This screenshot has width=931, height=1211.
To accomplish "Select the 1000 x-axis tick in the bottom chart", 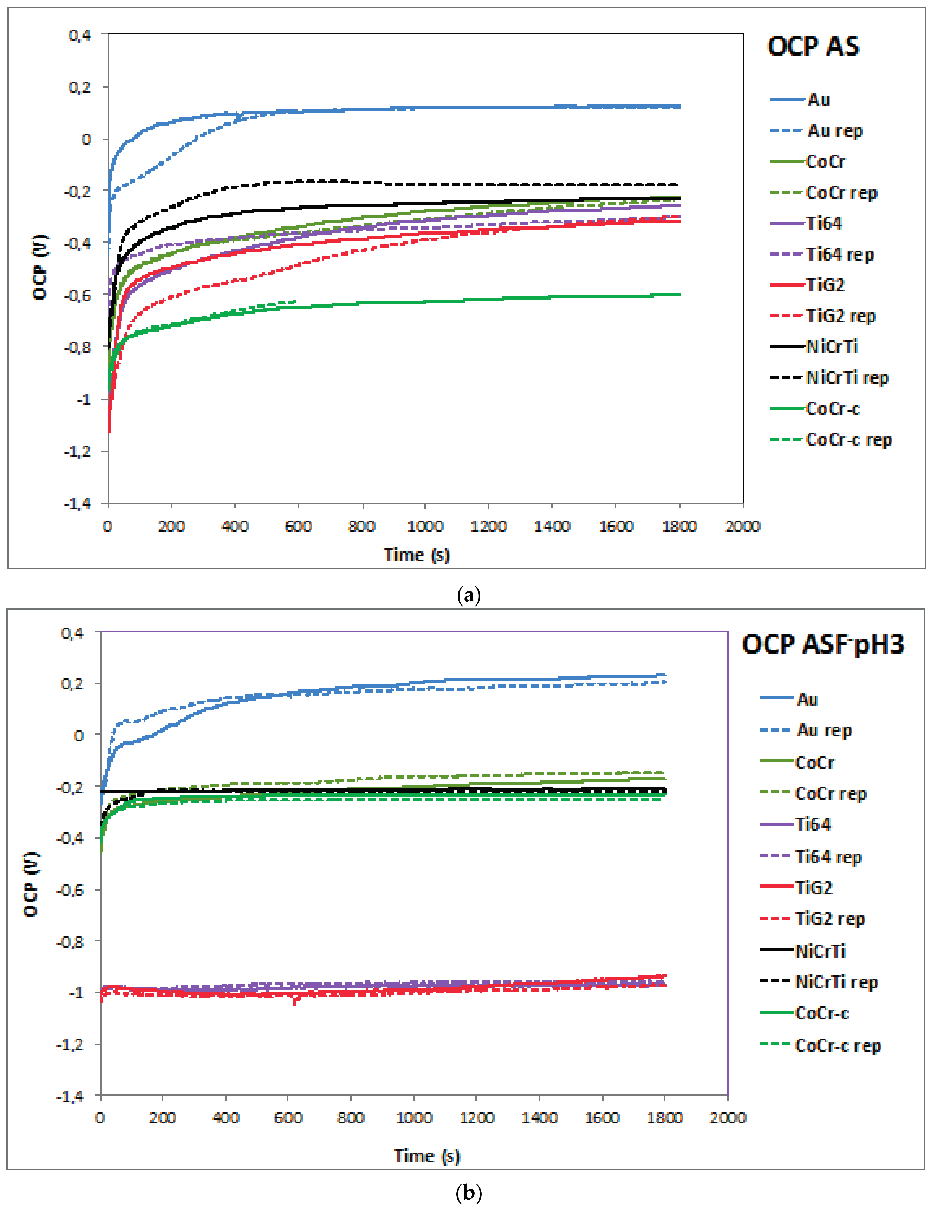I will [414, 1117].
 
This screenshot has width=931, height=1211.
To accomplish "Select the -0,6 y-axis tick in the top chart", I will [77, 295].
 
